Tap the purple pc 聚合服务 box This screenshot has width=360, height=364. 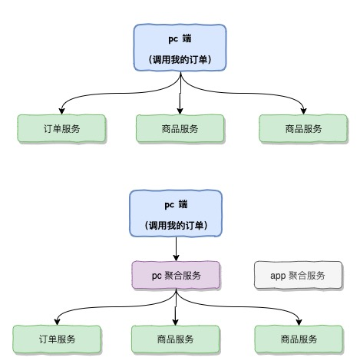click(x=177, y=275)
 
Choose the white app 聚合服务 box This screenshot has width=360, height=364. click(x=298, y=275)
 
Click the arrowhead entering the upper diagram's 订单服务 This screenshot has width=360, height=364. click(x=58, y=111)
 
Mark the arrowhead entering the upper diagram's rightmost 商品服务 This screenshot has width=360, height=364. click(x=305, y=111)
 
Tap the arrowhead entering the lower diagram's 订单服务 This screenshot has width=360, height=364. click(x=54, y=322)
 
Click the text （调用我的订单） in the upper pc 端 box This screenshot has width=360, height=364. click(x=180, y=59)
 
